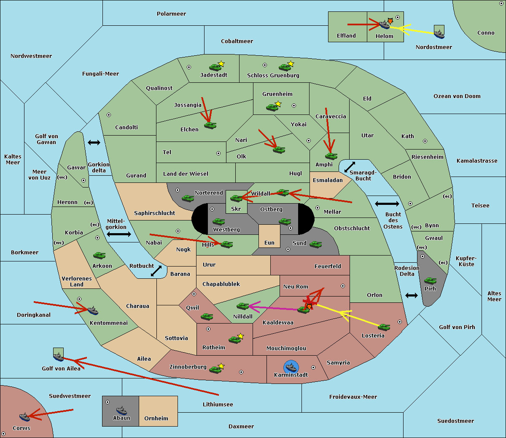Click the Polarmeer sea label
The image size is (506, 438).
coord(171,14)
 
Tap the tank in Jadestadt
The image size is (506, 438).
coord(215,67)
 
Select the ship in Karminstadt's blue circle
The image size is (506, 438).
coord(291,367)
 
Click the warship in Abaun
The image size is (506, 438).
coord(121,410)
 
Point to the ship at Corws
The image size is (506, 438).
coord(25,416)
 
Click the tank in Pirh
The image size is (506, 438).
coord(430,280)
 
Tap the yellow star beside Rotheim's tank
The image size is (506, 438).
coord(240,336)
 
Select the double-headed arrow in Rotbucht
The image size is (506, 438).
coord(156,271)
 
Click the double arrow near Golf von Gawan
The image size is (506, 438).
coord(94,142)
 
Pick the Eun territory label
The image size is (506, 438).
coord(269,242)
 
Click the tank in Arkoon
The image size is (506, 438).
coord(100,255)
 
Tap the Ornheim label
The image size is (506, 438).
coord(156,418)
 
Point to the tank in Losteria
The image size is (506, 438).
coord(384,327)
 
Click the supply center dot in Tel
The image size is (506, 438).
coord(218,153)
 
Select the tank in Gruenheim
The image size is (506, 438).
coord(272,107)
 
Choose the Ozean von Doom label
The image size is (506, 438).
coord(457,96)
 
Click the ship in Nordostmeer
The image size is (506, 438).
coord(439,34)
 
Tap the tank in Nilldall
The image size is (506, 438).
coord(242,306)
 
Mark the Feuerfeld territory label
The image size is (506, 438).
coord(328,266)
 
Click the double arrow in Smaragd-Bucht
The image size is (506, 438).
coord(350,167)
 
